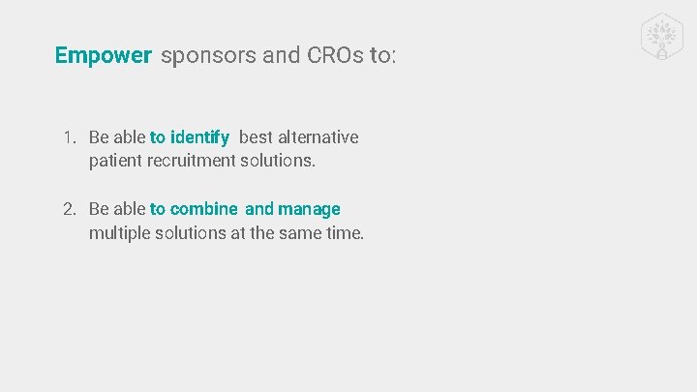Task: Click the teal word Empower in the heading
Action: coord(104,55)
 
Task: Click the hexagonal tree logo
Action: coord(663,37)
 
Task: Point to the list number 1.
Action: coord(69,137)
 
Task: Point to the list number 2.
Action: coord(69,209)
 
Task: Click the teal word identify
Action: coord(200,137)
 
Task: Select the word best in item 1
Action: coord(257,137)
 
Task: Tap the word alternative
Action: coord(318,137)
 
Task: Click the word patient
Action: coord(115,161)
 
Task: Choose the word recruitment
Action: coord(192,161)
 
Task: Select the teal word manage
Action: coord(309,209)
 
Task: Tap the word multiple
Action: coord(120,232)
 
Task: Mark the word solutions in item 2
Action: coord(190,232)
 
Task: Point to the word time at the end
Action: coord(345,232)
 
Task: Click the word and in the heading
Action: coord(282,55)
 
